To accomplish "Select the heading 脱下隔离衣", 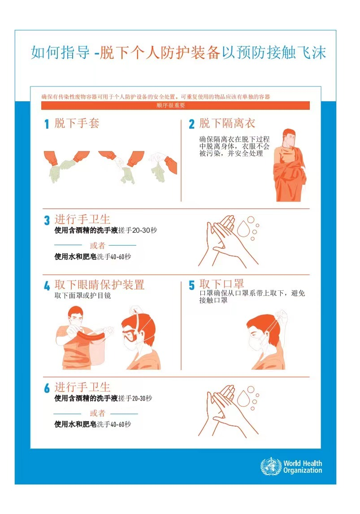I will coord(227,123).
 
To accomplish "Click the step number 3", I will coord(47,220).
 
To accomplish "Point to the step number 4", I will coord(47,286).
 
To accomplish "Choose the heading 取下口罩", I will coord(221,284).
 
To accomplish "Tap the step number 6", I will coord(47,389).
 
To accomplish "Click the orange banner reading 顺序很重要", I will coord(175,106).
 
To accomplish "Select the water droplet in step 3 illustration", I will coord(244,228).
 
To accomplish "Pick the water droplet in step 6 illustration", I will coord(244,397).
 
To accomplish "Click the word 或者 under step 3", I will coord(95,245).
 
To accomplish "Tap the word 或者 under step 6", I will coord(95,413).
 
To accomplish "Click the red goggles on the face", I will coord(130,336).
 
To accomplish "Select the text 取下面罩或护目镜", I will coord(82,296).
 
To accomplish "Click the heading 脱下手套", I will coord(77,123).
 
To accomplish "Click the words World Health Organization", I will coord(303,467).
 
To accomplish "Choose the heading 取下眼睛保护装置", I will coord(99,285).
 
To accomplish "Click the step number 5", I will coord(191,285).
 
